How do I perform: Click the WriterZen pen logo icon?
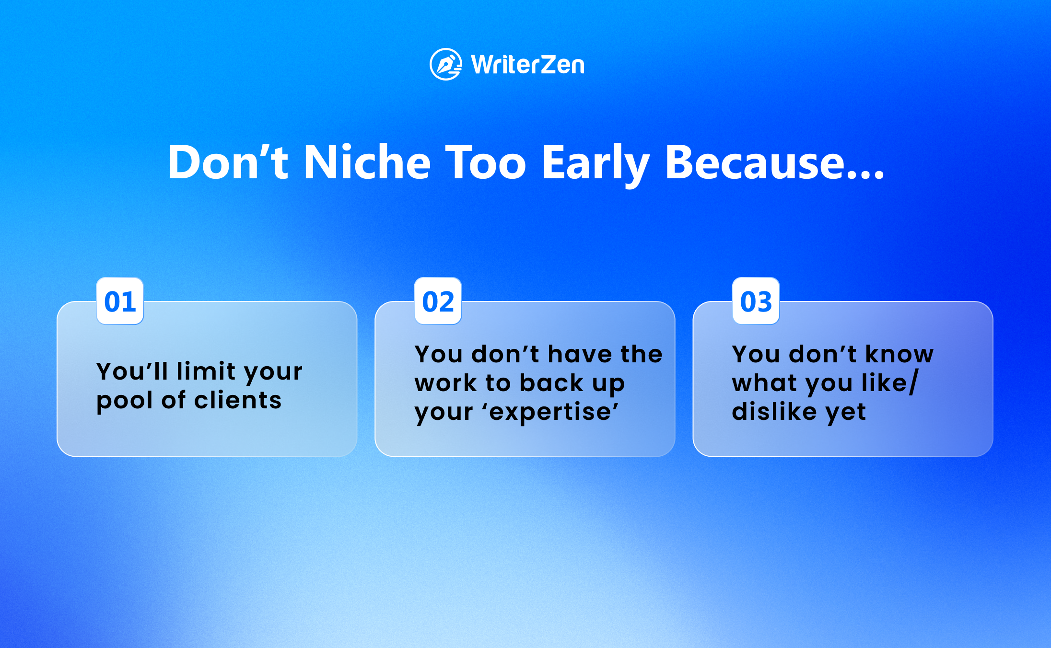446,64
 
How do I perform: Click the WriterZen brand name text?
528,65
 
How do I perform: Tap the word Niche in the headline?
367,162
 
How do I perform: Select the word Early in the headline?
596,165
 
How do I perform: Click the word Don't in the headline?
228,162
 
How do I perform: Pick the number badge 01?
120,301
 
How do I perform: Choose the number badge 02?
438,301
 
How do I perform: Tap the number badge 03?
756,301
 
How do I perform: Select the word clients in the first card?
238,400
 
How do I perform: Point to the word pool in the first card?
125,402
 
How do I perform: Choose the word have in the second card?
580,354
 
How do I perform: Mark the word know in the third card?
899,354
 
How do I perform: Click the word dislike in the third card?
774,411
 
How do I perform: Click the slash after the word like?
913,382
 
